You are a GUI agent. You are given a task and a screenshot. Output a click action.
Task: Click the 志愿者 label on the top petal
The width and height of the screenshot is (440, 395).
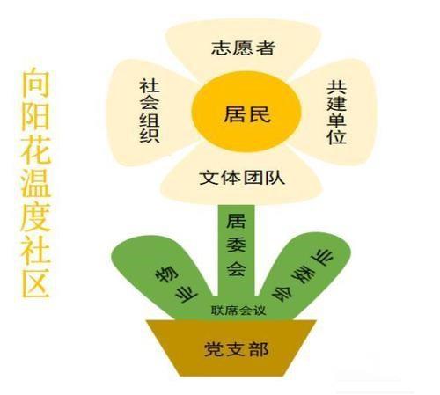pos(243,48)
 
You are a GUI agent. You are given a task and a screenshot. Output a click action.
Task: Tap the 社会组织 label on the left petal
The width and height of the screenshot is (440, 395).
pos(150,111)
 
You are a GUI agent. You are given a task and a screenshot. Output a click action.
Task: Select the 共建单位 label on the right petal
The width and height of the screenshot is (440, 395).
pos(337,113)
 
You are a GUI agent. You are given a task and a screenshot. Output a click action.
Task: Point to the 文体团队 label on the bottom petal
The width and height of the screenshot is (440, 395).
pos(242,178)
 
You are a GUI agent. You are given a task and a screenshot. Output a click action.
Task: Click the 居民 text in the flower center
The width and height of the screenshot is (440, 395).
pos(246,114)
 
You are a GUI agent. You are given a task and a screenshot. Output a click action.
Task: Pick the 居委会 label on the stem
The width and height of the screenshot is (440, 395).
pos(236,245)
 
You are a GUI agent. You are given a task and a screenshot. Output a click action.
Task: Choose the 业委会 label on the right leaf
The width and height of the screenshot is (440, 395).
pos(303,274)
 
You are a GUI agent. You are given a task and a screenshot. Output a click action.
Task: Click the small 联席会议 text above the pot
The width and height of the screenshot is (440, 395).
pos(238,311)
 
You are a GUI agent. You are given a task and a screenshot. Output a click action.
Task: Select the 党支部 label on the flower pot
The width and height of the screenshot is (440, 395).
pos(236,349)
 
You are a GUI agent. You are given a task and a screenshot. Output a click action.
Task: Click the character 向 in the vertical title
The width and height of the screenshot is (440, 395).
pos(35,83)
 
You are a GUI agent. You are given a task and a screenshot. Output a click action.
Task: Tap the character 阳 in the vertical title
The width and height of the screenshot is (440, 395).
pos(35,116)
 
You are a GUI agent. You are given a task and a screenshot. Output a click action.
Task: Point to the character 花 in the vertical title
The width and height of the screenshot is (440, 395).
pos(35,150)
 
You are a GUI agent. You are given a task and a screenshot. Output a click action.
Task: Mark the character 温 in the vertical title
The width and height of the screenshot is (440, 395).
pos(35,183)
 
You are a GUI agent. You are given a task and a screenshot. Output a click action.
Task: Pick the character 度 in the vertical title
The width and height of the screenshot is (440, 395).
pos(35,216)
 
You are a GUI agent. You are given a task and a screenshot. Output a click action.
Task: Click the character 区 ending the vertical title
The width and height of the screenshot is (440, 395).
pos(35,282)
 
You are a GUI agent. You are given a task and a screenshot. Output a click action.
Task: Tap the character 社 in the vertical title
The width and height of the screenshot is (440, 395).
pos(35,249)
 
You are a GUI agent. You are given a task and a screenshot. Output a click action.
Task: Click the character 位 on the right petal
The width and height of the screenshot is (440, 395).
pos(337,136)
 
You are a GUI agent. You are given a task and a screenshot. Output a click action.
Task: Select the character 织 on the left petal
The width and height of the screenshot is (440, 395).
pos(150,135)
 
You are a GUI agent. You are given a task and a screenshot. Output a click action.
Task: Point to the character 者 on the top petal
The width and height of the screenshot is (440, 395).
pos(265,48)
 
